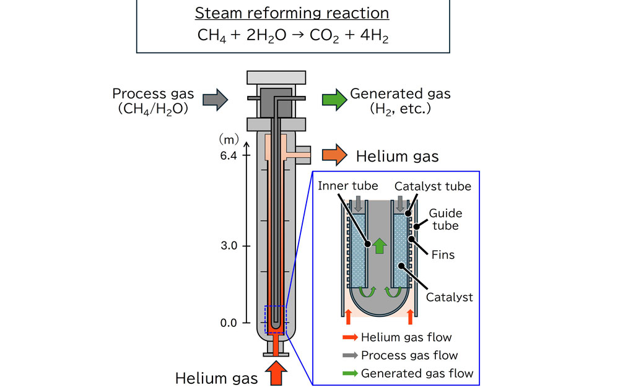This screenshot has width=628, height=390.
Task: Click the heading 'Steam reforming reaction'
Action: pyautogui.click(x=292, y=13)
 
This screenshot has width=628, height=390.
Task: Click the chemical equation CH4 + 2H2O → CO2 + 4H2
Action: pyautogui.click(x=292, y=35)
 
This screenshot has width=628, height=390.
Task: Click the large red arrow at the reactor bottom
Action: pyautogui.click(x=275, y=374)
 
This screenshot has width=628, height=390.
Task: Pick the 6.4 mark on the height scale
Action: pyautogui.click(x=229, y=156)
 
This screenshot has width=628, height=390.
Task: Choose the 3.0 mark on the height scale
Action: pyautogui.click(x=229, y=246)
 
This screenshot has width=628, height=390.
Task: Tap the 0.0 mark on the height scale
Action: pyautogui.click(x=229, y=323)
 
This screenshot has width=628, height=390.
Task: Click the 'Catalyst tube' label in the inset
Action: pyautogui.click(x=432, y=186)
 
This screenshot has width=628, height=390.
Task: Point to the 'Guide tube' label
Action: pyautogui.click(x=446, y=219)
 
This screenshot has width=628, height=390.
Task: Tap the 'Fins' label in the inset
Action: pyautogui.click(x=442, y=254)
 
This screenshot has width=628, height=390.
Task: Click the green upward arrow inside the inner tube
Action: pyautogui.click(x=380, y=245)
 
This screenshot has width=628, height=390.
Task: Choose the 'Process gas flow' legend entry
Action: pyautogui.click(x=409, y=355)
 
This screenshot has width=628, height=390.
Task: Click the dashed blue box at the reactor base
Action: pyautogui.click(x=275, y=320)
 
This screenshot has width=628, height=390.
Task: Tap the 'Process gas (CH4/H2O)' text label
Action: pyautogui.click(x=153, y=101)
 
